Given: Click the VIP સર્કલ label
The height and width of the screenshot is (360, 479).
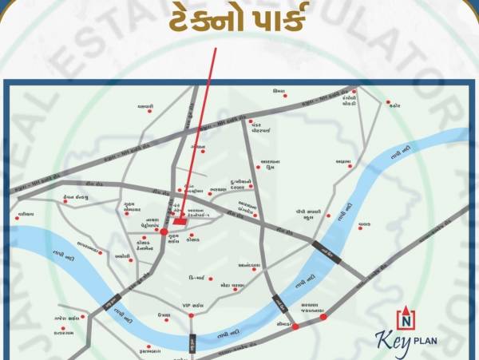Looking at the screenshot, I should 193,305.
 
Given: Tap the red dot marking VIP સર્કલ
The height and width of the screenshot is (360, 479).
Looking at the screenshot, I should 191,315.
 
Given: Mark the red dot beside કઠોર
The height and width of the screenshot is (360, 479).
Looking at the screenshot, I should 388,102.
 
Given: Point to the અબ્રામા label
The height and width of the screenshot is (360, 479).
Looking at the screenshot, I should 344,161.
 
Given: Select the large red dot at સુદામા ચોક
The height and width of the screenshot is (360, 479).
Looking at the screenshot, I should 164,231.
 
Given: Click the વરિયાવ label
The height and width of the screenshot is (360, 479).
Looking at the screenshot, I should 26,215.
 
